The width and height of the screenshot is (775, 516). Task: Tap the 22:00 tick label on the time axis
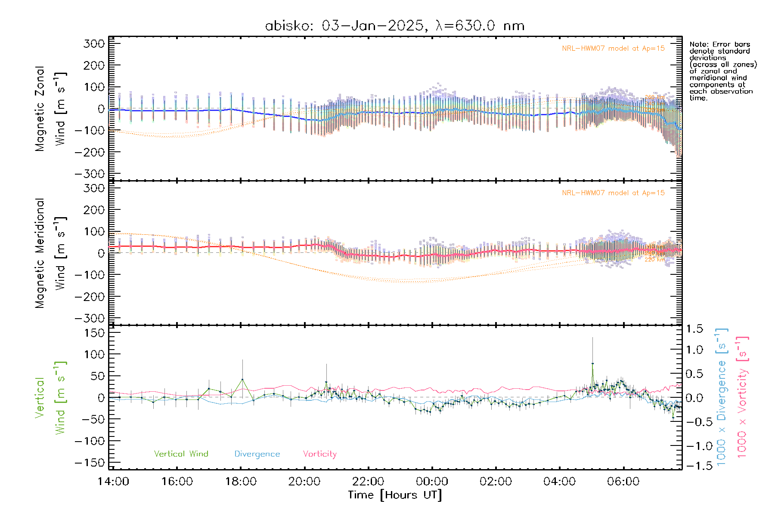coord(368,481)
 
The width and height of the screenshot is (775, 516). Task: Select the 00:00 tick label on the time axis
coord(432,481)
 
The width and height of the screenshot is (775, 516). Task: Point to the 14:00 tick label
coord(113,481)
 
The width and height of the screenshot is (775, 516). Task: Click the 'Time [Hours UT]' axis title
coord(395,495)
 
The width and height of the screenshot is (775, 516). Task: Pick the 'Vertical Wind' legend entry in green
coord(181,454)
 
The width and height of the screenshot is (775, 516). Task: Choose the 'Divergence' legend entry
coord(257,454)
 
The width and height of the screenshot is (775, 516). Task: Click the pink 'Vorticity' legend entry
coord(319,454)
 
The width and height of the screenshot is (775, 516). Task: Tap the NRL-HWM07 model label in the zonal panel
coord(613,49)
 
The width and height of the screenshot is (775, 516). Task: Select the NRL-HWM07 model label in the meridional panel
coord(613,193)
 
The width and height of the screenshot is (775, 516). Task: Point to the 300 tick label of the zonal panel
coord(94,43)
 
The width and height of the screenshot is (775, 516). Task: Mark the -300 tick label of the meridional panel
coord(90,318)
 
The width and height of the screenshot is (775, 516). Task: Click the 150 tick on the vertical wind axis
coord(94,332)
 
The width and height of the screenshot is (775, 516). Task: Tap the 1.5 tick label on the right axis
coord(694,329)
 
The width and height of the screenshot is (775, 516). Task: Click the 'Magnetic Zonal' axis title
coord(40,109)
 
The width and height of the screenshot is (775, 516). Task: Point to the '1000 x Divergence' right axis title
coord(722,398)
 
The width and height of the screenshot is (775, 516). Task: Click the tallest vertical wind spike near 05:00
coord(592,363)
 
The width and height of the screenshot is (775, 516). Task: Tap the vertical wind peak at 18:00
coord(242,379)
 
